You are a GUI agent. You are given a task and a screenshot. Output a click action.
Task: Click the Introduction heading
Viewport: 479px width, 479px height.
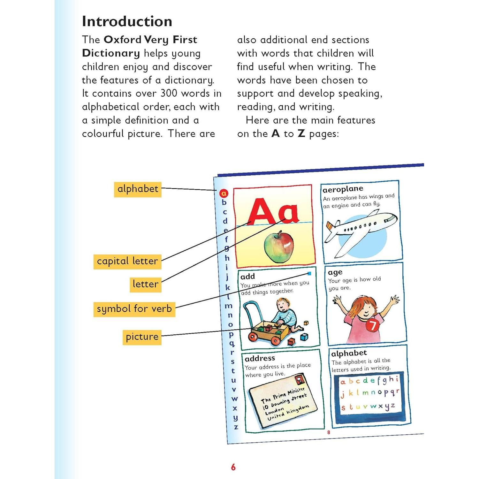tap(127, 21)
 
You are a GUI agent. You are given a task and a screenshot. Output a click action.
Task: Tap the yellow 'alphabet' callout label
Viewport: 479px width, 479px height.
tap(138, 189)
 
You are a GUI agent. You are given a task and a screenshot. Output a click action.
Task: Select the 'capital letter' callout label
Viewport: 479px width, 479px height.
tap(127, 261)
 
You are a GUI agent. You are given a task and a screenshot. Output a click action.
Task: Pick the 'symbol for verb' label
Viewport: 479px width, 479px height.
tap(134, 309)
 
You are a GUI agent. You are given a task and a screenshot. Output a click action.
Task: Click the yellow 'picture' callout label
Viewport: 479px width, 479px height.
tap(142, 337)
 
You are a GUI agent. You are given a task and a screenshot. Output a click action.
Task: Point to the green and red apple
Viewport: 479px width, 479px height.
tap(279, 247)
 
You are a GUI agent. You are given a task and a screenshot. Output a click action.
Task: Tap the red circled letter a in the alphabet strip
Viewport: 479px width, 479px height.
tap(224, 193)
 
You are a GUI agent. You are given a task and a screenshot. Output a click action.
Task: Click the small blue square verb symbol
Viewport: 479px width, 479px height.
tap(309, 274)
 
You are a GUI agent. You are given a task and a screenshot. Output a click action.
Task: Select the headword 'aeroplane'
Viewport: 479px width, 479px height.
tap(343, 189)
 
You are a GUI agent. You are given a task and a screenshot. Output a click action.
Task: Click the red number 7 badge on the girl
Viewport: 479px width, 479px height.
tap(372, 325)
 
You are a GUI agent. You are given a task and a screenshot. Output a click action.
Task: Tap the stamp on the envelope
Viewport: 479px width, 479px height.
tap(299, 380)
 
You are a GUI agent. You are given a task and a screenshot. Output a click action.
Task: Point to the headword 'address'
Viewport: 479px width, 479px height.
tap(260, 358)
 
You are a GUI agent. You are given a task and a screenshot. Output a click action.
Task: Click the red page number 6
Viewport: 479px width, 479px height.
tap(233, 467)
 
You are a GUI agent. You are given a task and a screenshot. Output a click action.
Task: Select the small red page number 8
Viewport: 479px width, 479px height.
tap(329, 432)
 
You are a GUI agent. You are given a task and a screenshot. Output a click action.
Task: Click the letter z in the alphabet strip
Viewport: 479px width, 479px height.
tap(236, 427)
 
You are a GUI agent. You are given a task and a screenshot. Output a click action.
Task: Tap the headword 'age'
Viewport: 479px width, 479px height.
tap(335, 272)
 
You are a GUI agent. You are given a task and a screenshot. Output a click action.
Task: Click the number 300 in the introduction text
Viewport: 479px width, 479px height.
tap(169, 93)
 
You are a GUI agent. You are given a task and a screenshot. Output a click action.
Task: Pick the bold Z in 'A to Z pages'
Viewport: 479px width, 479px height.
tap(301, 133)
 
